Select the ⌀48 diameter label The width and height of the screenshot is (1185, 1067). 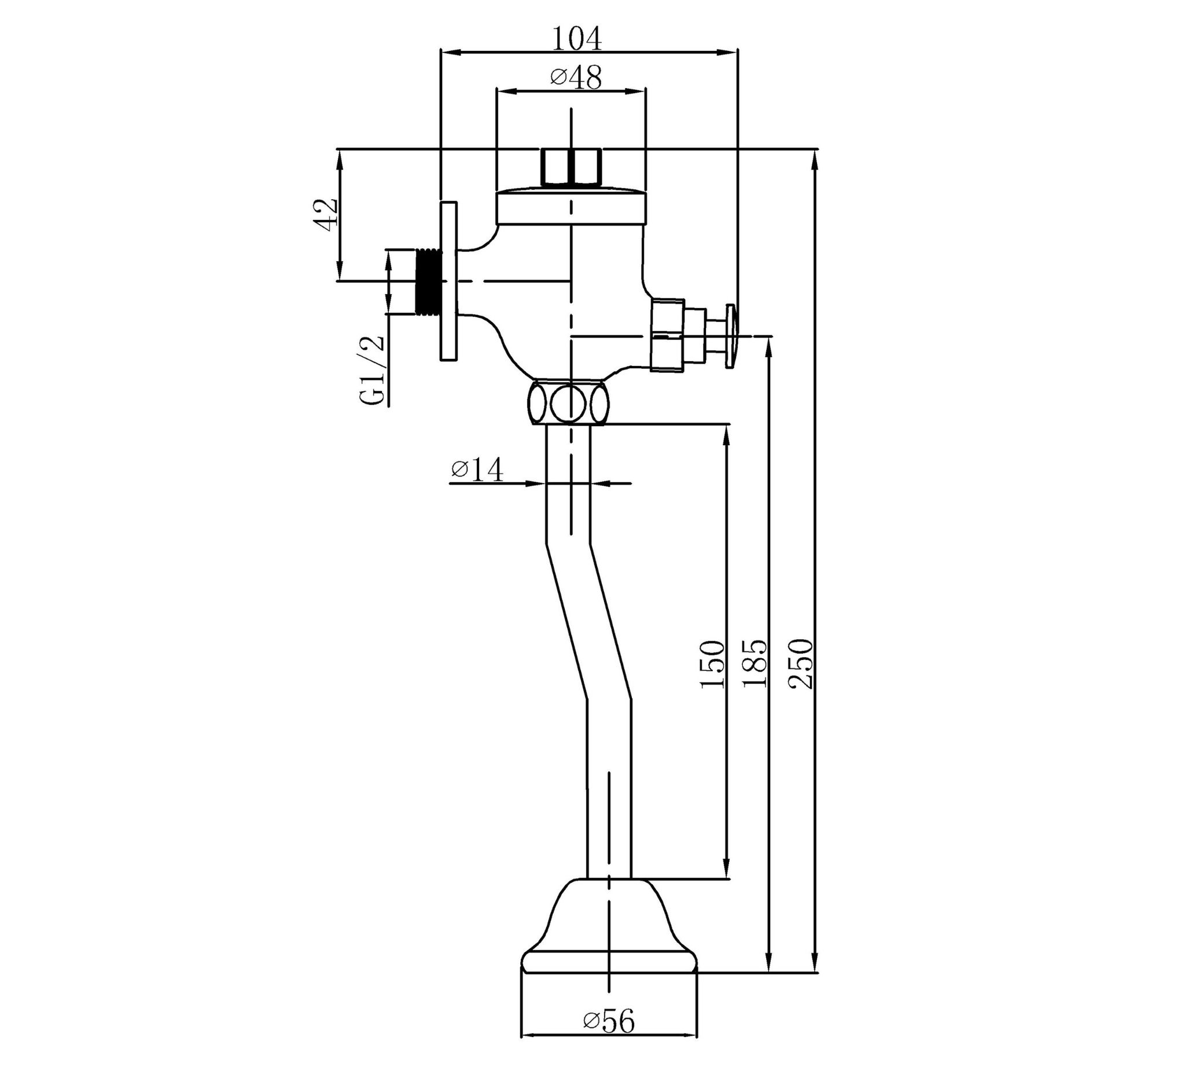point(576,78)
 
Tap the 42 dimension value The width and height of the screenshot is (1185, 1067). point(326,214)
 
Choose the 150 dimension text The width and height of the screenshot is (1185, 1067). point(713,664)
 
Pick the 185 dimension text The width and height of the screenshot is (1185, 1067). point(755,662)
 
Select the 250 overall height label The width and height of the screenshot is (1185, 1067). point(801,662)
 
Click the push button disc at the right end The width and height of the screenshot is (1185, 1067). point(731,336)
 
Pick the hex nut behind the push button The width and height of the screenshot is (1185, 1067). point(668,335)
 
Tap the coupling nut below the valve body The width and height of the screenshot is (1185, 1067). point(568,403)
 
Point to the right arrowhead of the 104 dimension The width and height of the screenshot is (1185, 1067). point(730,53)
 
